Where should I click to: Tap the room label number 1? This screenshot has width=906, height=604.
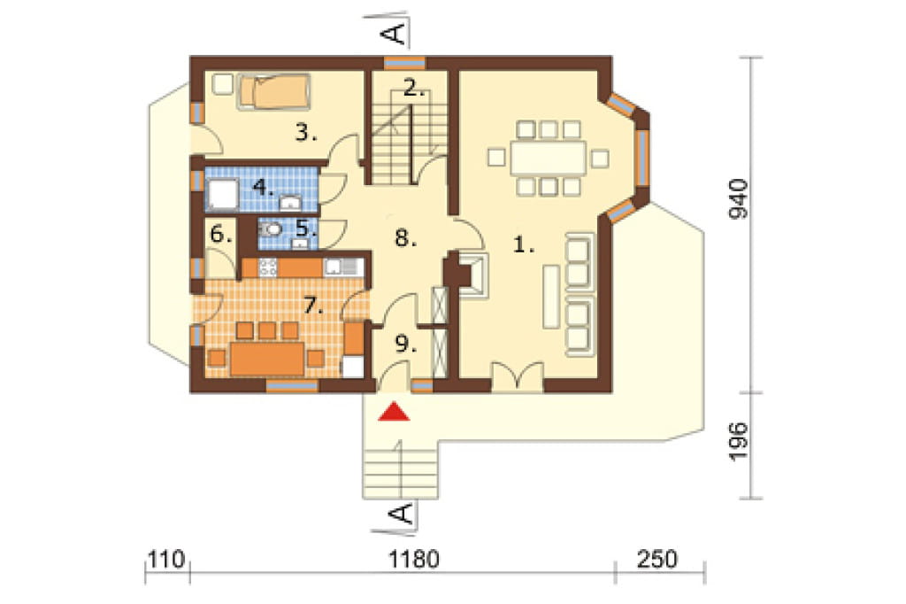click(x=524, y=245)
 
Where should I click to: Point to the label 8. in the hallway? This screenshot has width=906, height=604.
click(x=405, y=237)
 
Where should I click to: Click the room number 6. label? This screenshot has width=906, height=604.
click(x=221, y=235)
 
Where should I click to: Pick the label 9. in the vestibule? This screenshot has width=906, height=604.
click(x=405, y=344)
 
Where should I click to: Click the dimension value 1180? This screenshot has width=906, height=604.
click(x=414, y=560)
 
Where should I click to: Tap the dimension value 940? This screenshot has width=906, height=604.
click(x=738, y=199)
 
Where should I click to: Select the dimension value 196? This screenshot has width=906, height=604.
click(x=738, y=441)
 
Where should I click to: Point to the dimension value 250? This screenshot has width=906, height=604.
click(x=657, y=560)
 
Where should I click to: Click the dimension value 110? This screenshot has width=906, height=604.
click(x=166, y=560)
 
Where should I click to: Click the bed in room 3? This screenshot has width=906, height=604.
click(x=274, y=91)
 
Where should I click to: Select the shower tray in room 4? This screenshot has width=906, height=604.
click(x=222, y=194)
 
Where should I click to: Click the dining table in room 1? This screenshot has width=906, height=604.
click(x=548, y=158)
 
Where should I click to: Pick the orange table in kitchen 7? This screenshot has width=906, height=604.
click(x=267, y=359)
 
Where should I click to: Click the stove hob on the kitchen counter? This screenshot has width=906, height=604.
click(x=268, y=267)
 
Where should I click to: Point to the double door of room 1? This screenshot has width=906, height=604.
click(x=517, y=377)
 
